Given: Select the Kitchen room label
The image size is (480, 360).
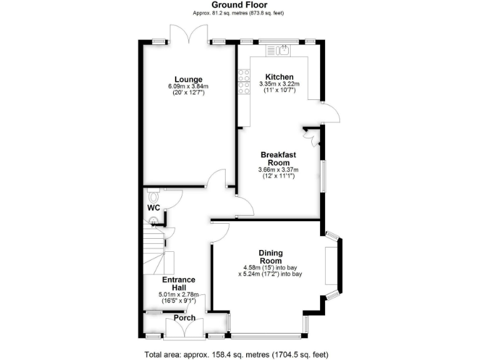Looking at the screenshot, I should [x=279, y=77].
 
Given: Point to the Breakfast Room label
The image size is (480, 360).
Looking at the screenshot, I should [x=278, y=158].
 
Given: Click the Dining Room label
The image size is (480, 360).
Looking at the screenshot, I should [x=271, y=256].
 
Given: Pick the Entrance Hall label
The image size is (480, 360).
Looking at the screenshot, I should [x=179, y=283].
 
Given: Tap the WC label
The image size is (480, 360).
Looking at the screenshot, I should [x=154, y=207].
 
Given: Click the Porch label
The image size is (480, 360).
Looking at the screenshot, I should [x=184, y=318].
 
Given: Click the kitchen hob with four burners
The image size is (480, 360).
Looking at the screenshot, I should [x=243, y=82].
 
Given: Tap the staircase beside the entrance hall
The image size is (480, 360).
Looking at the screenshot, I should [x=156, y=250].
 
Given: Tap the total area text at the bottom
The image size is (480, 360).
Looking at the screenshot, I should [x=240, y=355].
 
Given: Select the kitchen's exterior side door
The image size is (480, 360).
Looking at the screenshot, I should [x=331, y=114].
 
